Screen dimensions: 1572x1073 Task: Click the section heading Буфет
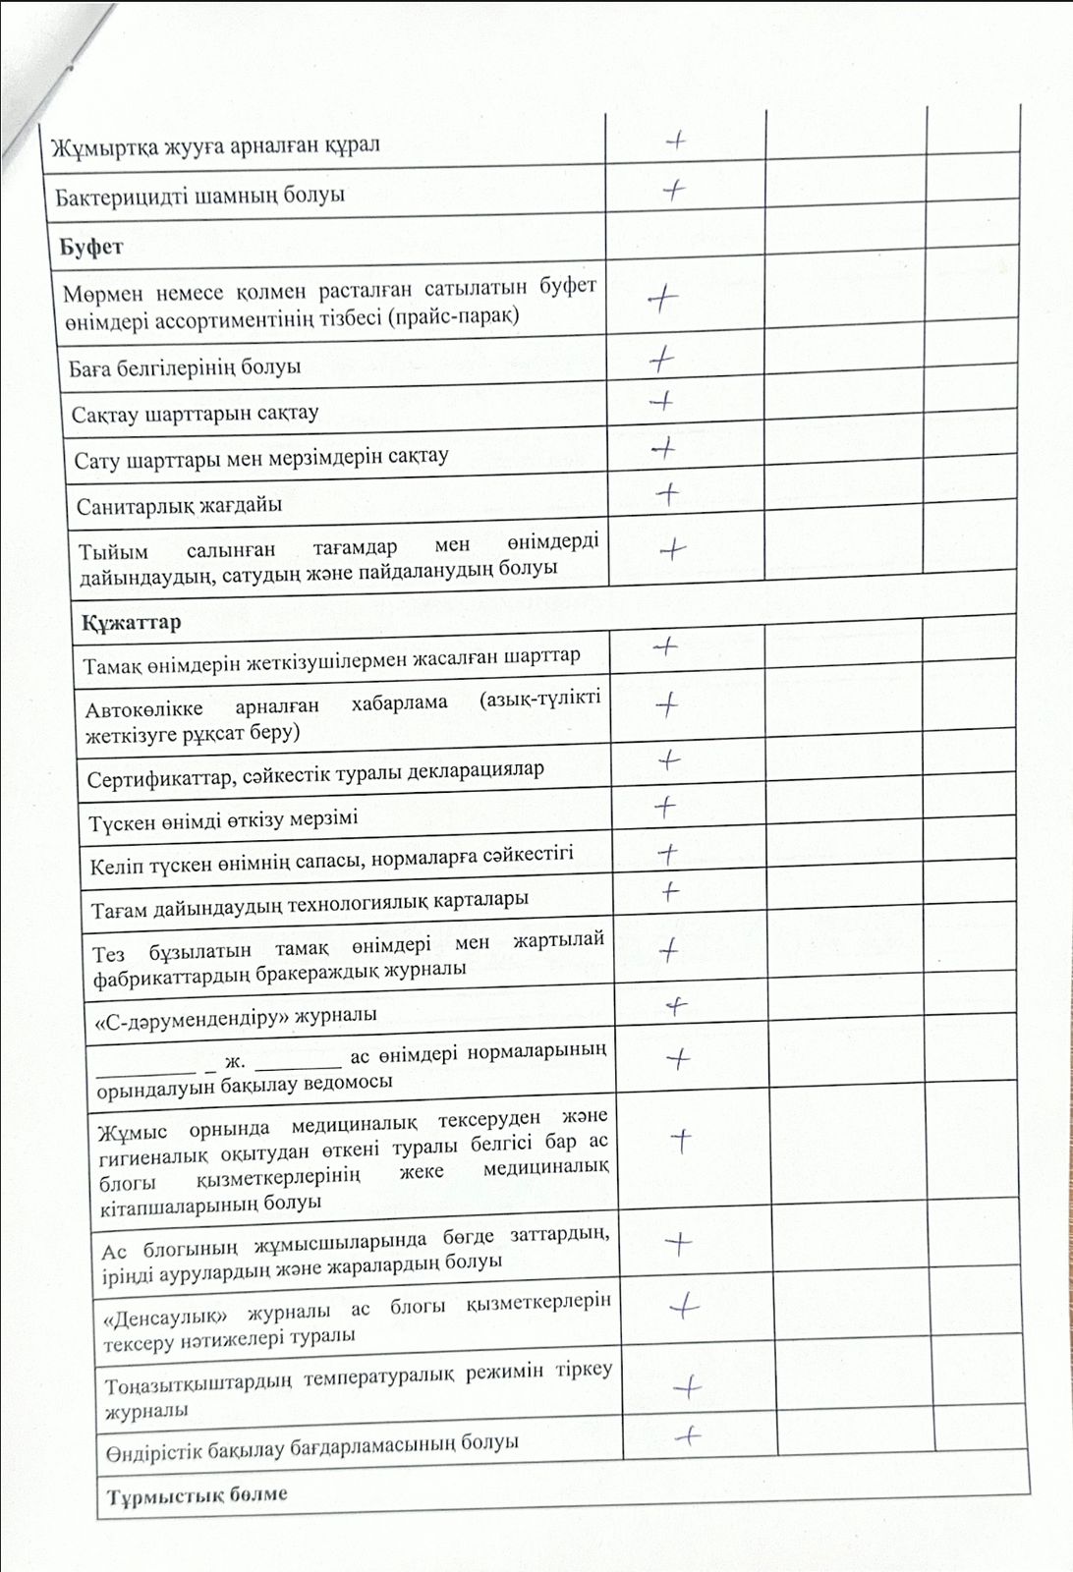click(90, 247)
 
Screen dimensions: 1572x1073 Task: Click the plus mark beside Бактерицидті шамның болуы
click(674, 190)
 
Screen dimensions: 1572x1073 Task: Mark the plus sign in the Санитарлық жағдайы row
click(668, 494)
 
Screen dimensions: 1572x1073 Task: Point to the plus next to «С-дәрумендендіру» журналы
click(676, 1005)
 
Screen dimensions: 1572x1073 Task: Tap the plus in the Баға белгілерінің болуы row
click(662, 361)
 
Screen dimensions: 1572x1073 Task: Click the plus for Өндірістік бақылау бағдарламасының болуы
click(689, 1435)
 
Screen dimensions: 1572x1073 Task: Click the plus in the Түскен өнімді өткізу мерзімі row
click(665, 807)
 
